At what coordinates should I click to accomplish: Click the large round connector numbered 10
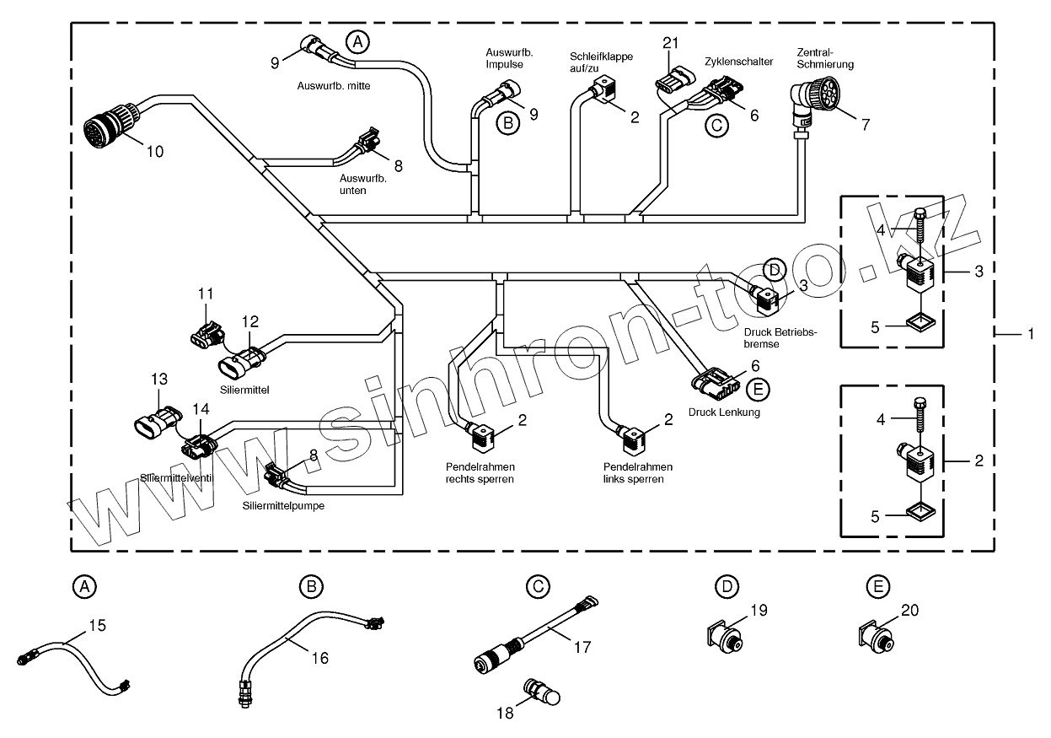(x=105, y=131)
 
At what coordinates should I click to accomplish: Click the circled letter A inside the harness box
(x=358, y=41)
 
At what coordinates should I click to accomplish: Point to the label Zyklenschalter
(x=738, y=62)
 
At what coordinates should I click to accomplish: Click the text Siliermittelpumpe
(x=283, y=506)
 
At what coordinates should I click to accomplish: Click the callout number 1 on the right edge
(x=1030, y=334)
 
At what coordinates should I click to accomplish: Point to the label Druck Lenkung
(x=724, y=412)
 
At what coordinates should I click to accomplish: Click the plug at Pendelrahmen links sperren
(x=634, y=436)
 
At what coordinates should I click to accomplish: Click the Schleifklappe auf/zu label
(x=601, y=62)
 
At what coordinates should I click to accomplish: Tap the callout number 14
(x=200, y=408)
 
